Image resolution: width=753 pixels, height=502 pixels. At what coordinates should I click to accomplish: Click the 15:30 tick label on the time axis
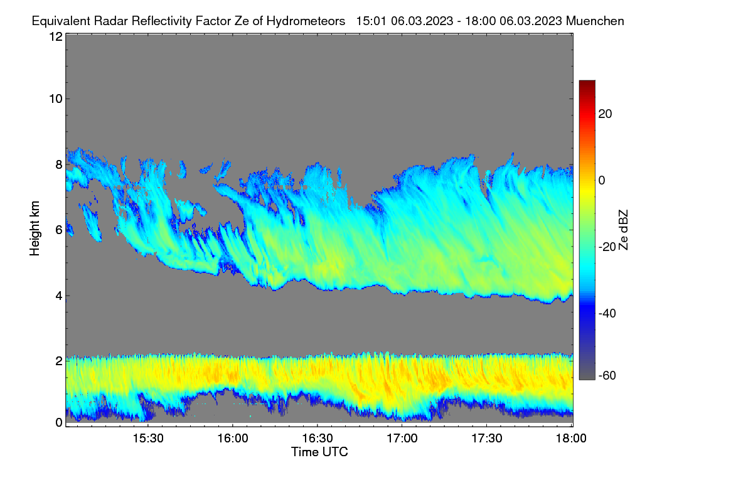[x=148, y=439]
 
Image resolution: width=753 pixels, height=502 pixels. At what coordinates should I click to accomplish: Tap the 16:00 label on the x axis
[x=233, y=439]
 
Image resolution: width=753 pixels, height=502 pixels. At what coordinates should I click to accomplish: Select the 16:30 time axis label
[x=318, y=439]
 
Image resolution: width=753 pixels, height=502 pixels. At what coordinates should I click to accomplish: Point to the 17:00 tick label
[x=402, y=439]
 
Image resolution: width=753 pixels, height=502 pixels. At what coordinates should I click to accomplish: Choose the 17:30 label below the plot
[x=487, y=439]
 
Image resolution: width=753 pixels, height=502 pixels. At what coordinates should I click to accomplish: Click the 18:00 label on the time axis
[x=571, y=439]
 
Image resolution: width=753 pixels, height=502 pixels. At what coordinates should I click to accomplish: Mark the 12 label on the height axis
[x=56, y=36]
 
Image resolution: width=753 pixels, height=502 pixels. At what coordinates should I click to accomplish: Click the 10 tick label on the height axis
[x=56, y=99]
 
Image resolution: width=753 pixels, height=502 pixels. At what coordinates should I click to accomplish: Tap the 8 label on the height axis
[x=59, y=164]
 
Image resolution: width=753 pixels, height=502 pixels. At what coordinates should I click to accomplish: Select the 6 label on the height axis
[x=59, y=230]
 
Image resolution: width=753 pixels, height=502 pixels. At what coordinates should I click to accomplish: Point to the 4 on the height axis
[x=59, y=296]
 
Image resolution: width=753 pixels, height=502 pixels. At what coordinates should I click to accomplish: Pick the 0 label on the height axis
[x=59, y=423]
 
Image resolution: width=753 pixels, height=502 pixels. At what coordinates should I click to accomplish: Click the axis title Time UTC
[x=319, y=452]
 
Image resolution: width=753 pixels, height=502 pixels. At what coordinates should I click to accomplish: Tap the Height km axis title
[x=35, y=228]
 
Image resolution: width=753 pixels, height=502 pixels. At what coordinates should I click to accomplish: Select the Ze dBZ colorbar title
[x=623, y=230]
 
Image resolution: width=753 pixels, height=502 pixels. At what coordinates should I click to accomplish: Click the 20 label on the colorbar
[x=605, y=114]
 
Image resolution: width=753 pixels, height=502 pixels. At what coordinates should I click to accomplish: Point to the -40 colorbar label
[x=607, y=313]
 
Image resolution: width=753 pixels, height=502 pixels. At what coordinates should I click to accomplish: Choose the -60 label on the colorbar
[x=607, y=375]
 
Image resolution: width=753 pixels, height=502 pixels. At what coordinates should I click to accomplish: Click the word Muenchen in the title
[x=595, y=21]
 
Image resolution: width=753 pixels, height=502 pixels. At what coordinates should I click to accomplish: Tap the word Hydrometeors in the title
[x=306, y=21]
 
